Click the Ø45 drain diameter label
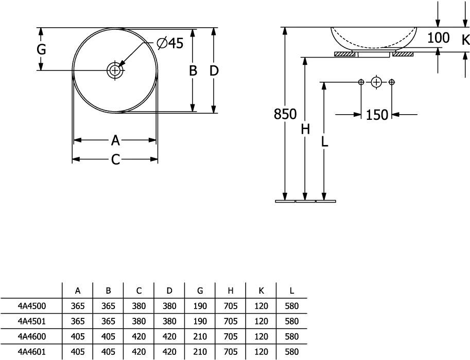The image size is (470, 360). [170, 44]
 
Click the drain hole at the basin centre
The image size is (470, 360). [115, 70]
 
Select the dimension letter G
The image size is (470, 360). [41, 49]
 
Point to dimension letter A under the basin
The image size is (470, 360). [115, 140]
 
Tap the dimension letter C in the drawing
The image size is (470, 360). [115, 159]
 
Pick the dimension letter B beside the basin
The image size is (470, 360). [193, 70]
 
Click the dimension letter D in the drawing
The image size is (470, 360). [214, 70]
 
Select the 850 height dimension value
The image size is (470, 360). [285, 114]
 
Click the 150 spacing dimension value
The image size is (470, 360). [377, 115]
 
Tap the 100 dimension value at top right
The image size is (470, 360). [438, 38]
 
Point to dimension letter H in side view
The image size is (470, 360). [305, 130]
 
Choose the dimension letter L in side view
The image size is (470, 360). [324, 141]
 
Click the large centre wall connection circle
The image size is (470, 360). [376, 82]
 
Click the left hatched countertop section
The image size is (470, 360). [345, 54]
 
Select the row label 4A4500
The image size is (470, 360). [32, 306]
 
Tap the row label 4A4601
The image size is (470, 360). [32, 352]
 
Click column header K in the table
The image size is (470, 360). [261, 291]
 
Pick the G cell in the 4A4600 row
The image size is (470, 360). [200, 337]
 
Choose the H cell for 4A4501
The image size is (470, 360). [231, 321]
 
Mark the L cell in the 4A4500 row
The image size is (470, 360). [292, 306]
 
